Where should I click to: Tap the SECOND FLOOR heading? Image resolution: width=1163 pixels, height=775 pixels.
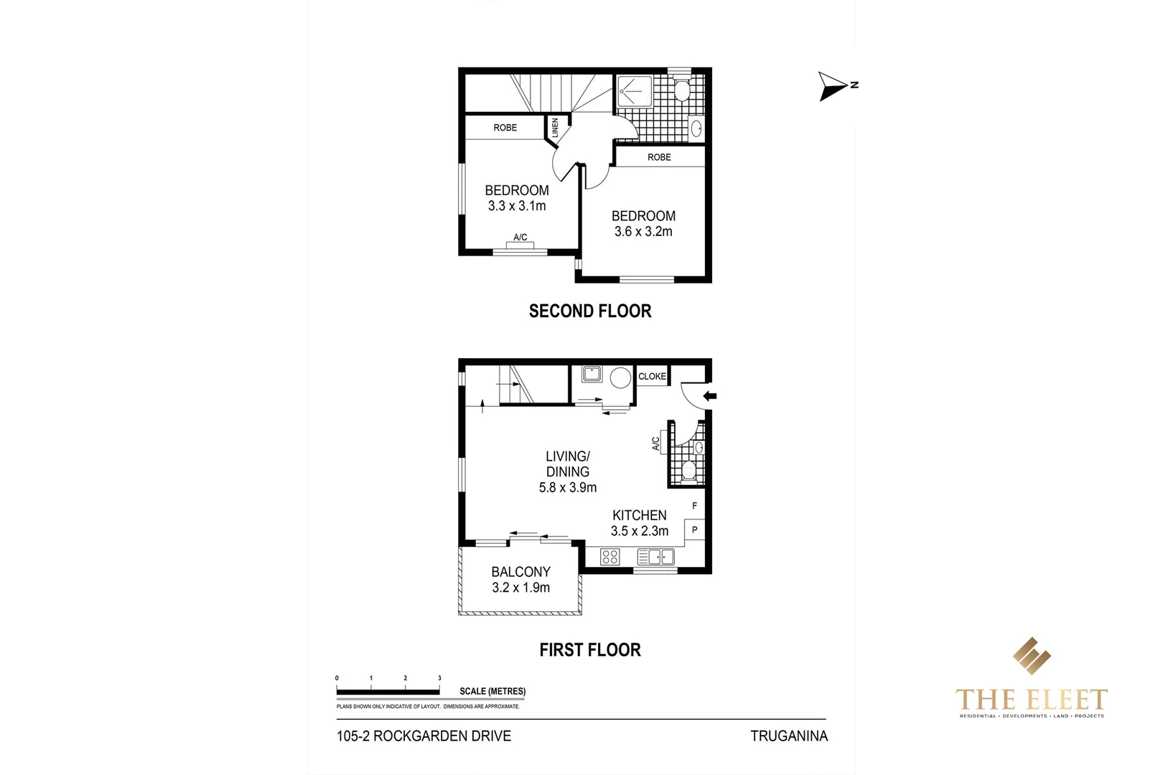point(590,311)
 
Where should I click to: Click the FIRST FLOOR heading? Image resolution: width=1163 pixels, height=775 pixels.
point(590,649)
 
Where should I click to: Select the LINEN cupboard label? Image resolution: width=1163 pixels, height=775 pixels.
point(555,128)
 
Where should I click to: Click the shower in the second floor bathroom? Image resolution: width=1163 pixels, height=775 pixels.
point(635,91)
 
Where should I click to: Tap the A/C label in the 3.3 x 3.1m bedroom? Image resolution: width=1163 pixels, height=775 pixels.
point(520,238)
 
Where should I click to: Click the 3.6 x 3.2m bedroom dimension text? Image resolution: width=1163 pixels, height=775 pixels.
point(643,231)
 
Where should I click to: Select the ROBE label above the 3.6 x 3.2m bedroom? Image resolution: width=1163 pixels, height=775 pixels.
point(659,157)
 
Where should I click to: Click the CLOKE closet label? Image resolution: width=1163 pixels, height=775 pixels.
point(652,376)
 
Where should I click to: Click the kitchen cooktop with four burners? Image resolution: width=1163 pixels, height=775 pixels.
point(610,556)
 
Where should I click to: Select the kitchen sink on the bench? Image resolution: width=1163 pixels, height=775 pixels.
point(655,556)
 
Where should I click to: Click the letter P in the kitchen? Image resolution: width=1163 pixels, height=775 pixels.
point(694,530)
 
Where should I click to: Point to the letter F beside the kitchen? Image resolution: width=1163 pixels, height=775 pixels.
point(694,506)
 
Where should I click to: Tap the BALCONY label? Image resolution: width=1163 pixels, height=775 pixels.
point(520,572)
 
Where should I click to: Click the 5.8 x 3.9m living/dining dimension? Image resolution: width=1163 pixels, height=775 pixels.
point(568,487)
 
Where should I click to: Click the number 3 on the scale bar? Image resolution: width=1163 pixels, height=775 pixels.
point(439,678)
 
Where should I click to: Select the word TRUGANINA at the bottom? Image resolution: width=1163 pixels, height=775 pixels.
point(789,736)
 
